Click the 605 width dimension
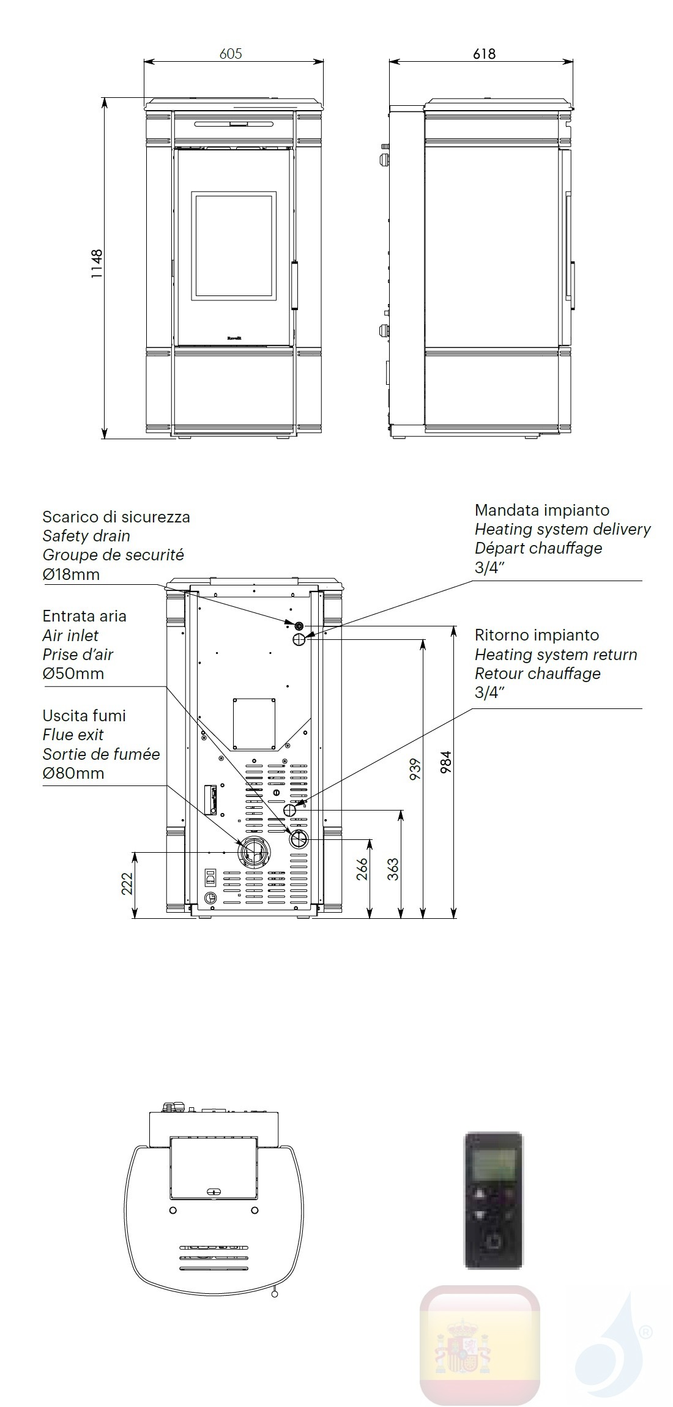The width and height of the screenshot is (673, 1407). (231, 54)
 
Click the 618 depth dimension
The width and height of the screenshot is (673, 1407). (483, 54)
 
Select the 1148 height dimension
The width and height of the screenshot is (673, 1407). (97, 264)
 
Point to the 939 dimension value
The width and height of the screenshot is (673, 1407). (415, 770)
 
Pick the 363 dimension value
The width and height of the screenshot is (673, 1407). (393, 869)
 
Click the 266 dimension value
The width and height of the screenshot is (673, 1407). (362, 869)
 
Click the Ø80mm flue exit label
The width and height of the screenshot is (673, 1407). (73, 773)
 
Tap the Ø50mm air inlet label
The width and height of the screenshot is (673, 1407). (73, 674)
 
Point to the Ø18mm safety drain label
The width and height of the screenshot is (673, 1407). (71, 574)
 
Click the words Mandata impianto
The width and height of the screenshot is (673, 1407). (541, 510)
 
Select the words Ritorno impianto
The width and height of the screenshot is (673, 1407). (537, 635)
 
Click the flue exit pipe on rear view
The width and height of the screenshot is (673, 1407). (253, 852)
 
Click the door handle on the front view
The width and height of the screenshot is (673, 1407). (294, 284)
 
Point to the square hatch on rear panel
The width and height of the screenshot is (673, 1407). (253, 723)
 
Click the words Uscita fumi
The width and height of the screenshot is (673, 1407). (84, 716)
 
